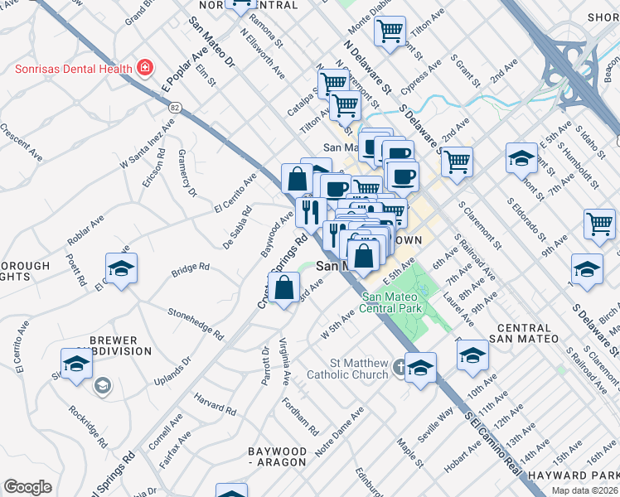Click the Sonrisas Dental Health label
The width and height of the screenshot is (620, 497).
pos(74,68)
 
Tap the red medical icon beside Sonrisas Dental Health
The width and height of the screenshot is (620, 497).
pos(145,67)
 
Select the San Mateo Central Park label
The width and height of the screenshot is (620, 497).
pos(392,303)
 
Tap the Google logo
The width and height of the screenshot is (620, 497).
pos(27,487)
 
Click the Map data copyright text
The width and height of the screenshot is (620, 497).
pos(585,490)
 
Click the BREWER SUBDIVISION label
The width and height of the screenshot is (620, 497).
pos(108,345)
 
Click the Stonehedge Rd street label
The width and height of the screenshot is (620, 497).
pos(196,324)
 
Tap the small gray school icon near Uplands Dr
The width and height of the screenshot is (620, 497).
pos(101,384)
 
